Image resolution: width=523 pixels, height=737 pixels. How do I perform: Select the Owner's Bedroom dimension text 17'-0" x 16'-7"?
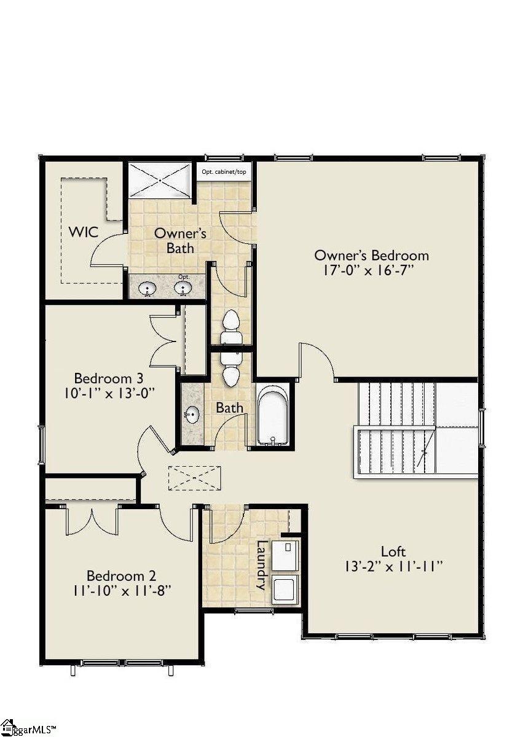(371, 271)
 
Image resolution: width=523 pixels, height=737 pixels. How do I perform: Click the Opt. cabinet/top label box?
(224, 171)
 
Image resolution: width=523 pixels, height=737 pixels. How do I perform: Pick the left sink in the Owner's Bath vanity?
(147, 288)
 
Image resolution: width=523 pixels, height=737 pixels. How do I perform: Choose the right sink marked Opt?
(183, 288)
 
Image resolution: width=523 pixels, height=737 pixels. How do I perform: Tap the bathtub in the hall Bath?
(272, 415)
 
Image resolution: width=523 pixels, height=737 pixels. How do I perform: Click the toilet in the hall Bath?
(230, 369)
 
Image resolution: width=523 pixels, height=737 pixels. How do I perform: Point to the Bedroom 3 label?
(103, 378)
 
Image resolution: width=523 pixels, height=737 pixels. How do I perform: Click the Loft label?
(393, 552)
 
